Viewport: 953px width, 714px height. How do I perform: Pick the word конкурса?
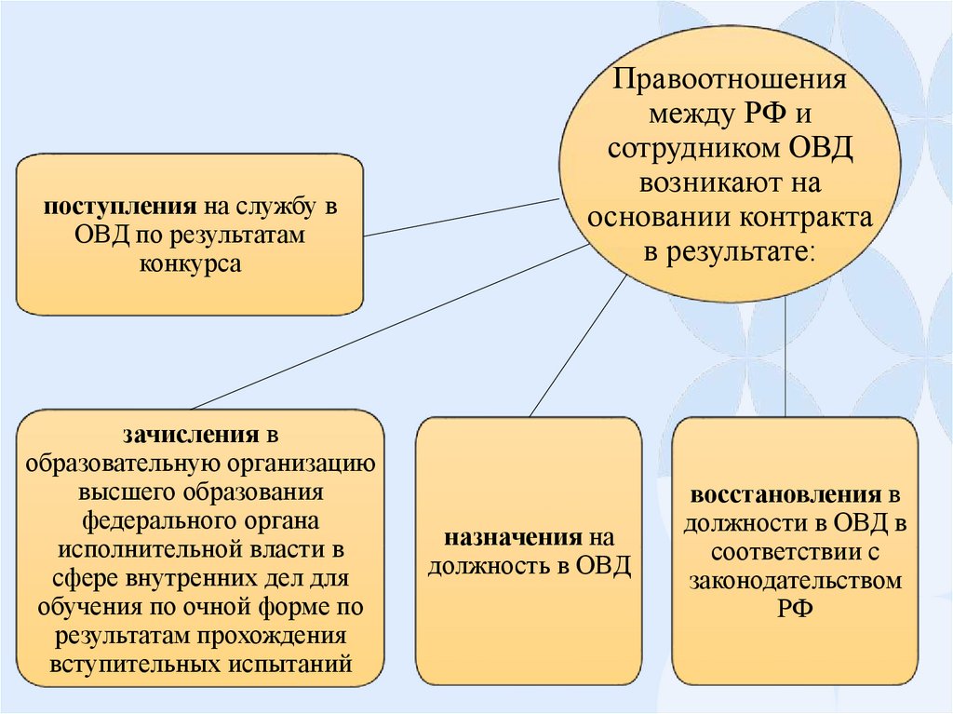click(x=191, y=264)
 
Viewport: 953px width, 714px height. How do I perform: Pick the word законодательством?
click(x=797, y=581)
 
